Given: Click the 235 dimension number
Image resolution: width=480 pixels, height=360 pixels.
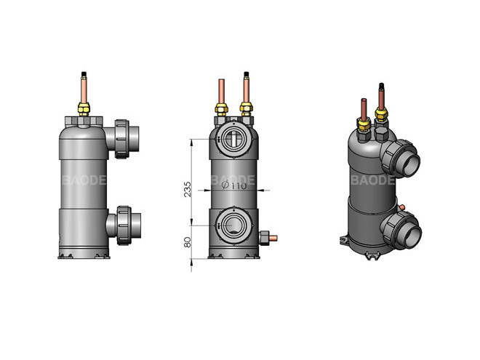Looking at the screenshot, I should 186,189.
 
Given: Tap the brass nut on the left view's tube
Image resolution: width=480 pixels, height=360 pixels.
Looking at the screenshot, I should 84,110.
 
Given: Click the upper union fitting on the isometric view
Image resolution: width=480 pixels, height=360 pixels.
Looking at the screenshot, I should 400,156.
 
